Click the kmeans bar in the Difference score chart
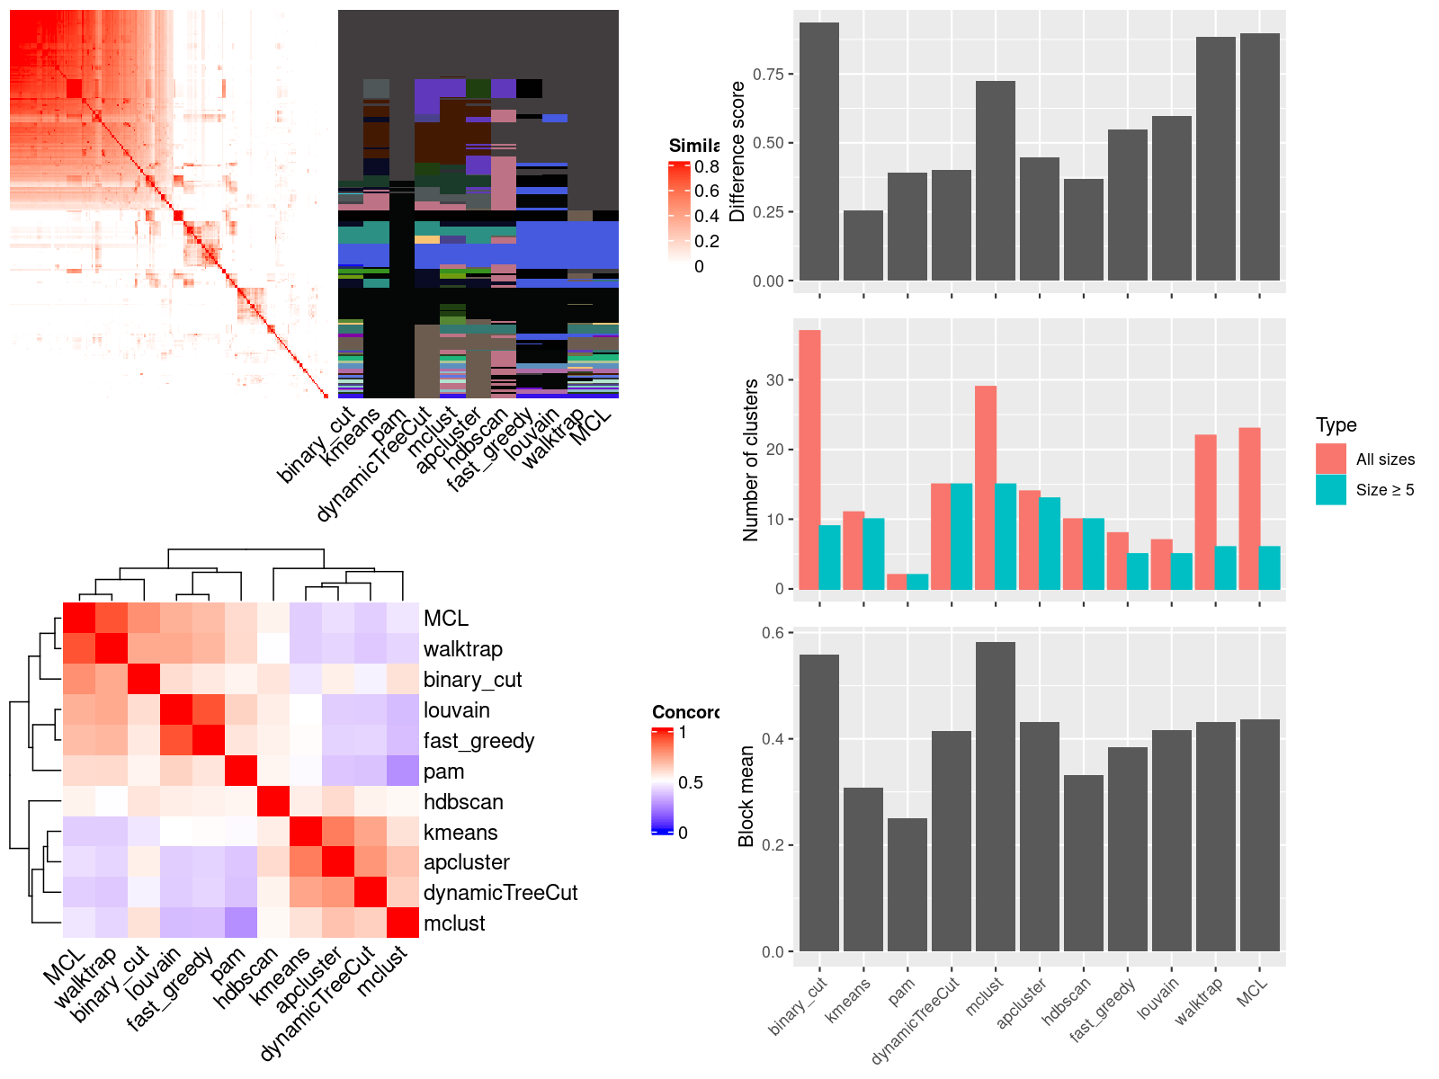coord(863,245)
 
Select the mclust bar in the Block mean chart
coord(996,796)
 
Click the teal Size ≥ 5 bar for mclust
coord(1006,536)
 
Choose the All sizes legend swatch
coord(1331,459)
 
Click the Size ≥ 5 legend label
coord(1385,490)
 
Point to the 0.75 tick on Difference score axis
coord(768,75)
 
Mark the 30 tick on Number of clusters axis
coord(773,380)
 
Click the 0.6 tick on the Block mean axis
coord(773,633)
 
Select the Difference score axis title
coord(738,151)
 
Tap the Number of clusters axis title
coord(750,459)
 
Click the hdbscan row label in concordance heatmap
coord(463,802)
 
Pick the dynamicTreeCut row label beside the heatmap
coord(500,893)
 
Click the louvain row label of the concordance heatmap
coord(457,710)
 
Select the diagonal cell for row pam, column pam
coord(241,771)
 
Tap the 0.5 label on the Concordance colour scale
coord(691,782)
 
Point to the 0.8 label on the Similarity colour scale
coord(707,166)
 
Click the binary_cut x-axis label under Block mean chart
coord(799,1007)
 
